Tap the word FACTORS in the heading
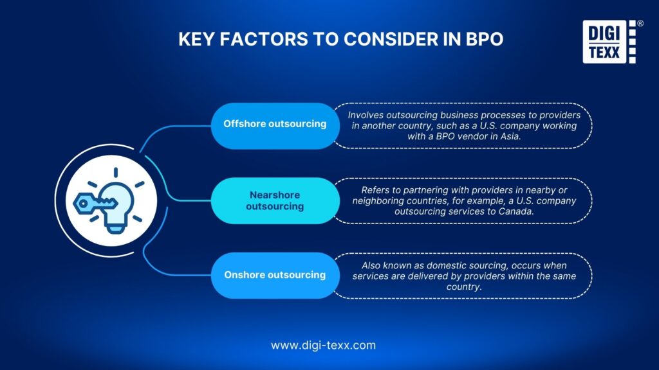pyautogui.click(x=252, y=39)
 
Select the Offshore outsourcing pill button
pyautogui.click(x=275, y=124)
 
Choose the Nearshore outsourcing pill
pyautogui.click(x=275, y=200)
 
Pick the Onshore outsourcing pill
pyautogui.click(x=275, y=275)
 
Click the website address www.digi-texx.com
pyautogui.click(x=323, y=345)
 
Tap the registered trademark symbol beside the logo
pyautogui.click(x=640, y=24)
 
